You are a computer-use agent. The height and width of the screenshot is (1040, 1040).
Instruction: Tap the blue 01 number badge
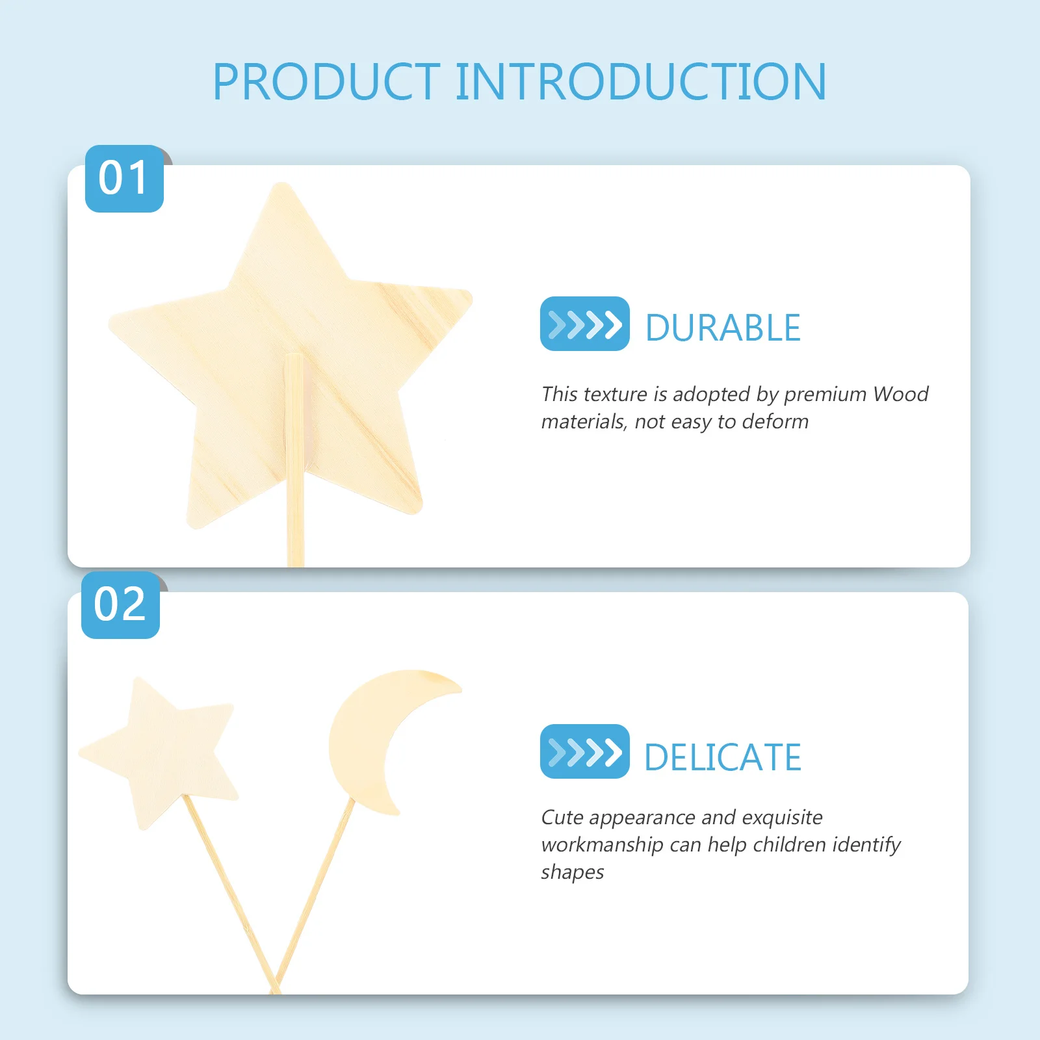[x=124, y=179]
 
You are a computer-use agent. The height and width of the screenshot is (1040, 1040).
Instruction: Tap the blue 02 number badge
[x=120, y=605]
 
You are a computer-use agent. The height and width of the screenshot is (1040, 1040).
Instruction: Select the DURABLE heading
[x=723, y=328]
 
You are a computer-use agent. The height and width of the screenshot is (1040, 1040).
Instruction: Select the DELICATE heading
[x=723, y=757]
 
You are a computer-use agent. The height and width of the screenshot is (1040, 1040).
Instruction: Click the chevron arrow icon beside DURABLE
[x=585, y=324]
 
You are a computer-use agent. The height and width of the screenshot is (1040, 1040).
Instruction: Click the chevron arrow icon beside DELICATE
[x=585, y=751]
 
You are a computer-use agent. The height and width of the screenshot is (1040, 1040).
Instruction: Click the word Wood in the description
[x=901, y=394]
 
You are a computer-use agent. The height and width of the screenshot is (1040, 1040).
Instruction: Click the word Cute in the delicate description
[x=562, y=817]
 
